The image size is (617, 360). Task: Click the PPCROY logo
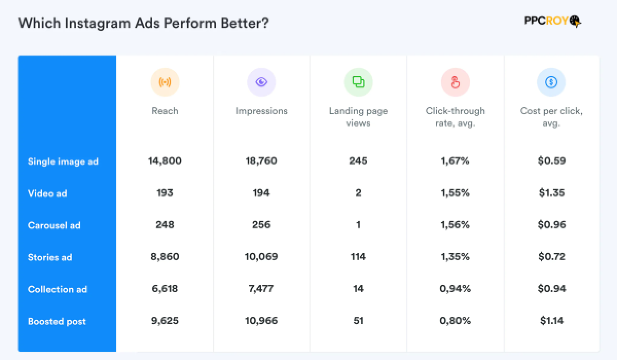pyautogui.click(x=552, y=21)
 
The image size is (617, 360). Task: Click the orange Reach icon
pyautogui.click(x=165, y=82)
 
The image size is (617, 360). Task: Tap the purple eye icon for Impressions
pyautogui.click(x=261, y=82)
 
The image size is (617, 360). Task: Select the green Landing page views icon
pyautogui.click(x=358, y=82)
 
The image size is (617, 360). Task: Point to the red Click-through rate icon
pyautogui.click(x=455, y=82)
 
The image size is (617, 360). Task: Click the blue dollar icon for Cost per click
pyautogui.click(x=551, y=82)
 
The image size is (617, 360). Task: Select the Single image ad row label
pyautogui.click(x=63, y=161)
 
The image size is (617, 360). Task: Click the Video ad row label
pyautogui.click(x=47, y=193)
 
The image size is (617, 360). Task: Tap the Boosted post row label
pyautogui.click(x=57, y=321)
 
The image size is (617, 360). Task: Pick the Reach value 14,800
pyautogui.click(x=165, y=161)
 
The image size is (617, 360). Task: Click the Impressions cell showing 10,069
pyautogui.click(x=261, y=257)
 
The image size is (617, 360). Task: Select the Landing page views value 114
pyautogui.click(x=358, y=257)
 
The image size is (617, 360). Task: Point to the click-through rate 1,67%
pyautogui.click(x=455, y=161)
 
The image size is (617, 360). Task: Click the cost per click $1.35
pyautogui.click(x=551, y=193)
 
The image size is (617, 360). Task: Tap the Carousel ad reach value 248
pyautogui.click(x=165, y=225)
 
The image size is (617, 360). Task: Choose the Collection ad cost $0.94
pyautogui.click(x=551, y=289)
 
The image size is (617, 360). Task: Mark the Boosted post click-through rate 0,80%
pyautogui.click(x=455, y=321)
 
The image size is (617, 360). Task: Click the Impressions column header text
pyautogui.click(x=261, y=111)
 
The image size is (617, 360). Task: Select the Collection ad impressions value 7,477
pyautogui.click(x=261, y=289)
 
